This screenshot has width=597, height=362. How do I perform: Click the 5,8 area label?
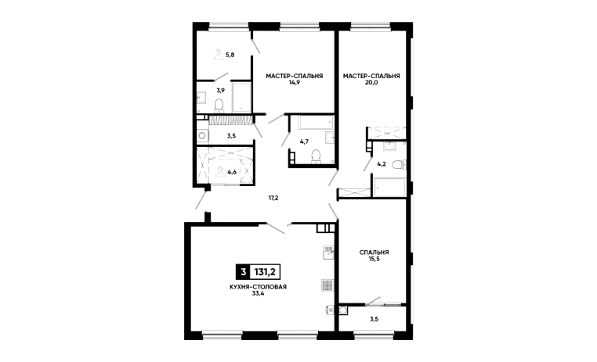pos(230,55)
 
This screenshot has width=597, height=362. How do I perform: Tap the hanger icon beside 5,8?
pos(219,55)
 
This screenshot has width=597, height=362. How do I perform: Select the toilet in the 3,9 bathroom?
pos(219,106)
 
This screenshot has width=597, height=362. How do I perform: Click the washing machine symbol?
pos(203,135)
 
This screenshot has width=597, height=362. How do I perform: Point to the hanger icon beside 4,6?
pos(220,172)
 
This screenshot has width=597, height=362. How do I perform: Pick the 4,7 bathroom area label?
pos(304,142)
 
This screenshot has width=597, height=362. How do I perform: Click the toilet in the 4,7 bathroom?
pos(316,156)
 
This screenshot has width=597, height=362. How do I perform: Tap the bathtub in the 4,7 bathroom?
pos(316,123)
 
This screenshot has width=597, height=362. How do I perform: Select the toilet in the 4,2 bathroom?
pos(398,165)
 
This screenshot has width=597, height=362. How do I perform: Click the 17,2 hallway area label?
pos(273,198)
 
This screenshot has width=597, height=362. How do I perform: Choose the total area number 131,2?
pos(265,272)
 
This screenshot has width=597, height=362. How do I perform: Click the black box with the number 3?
pos(243,272)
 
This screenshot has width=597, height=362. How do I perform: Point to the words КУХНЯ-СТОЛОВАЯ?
pos(258,287)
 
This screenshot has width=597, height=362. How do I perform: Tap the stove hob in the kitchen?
pos(327,285)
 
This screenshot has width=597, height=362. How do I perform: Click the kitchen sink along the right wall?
pos(328,253)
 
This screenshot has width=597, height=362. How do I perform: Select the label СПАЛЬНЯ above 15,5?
pos(374,253)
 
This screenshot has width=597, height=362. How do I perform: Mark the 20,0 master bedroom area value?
pos(371,82)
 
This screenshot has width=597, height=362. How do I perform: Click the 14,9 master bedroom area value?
pos(295,82)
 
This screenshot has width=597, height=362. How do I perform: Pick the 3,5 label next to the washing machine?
pos(231,135)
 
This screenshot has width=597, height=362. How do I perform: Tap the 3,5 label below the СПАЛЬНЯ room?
pos(374,320)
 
